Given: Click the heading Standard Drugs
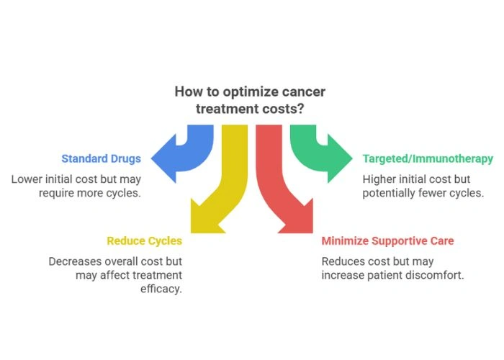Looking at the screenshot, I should point(100,159).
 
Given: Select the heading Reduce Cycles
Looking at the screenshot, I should point(145,240).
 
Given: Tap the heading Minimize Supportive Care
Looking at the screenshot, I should point(387,240).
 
